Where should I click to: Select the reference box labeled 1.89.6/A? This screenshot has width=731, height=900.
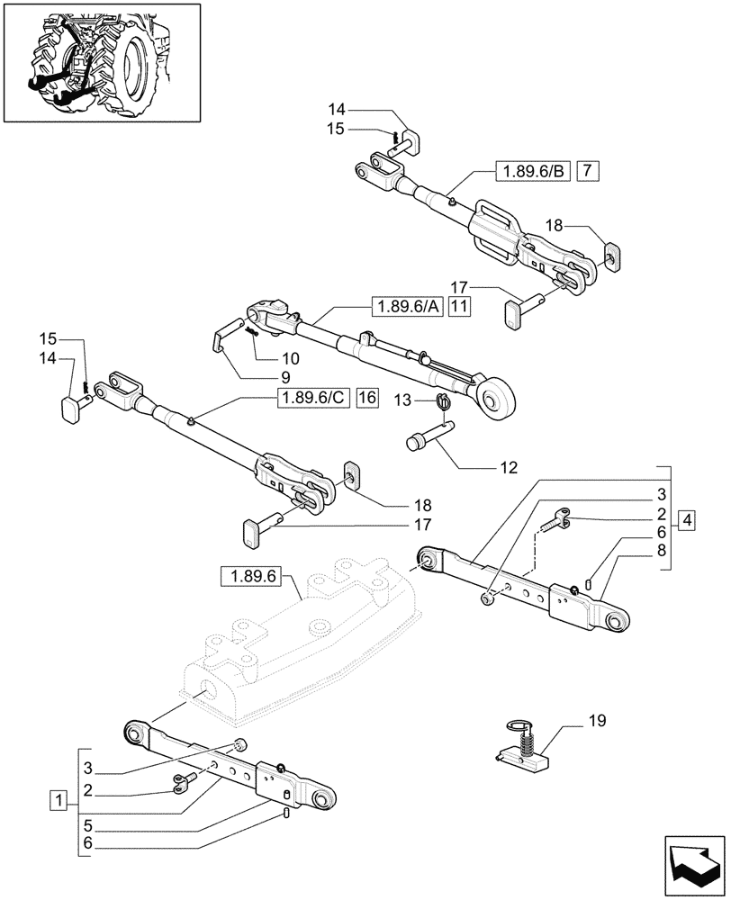(406, 307)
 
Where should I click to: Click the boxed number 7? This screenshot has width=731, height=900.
(586, 170)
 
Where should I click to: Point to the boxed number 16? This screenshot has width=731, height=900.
(367, 398)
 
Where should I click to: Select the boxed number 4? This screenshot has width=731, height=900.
(687, 520)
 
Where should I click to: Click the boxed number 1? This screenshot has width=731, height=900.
(59, 798)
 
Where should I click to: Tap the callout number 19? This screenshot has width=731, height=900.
(597, 721)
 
